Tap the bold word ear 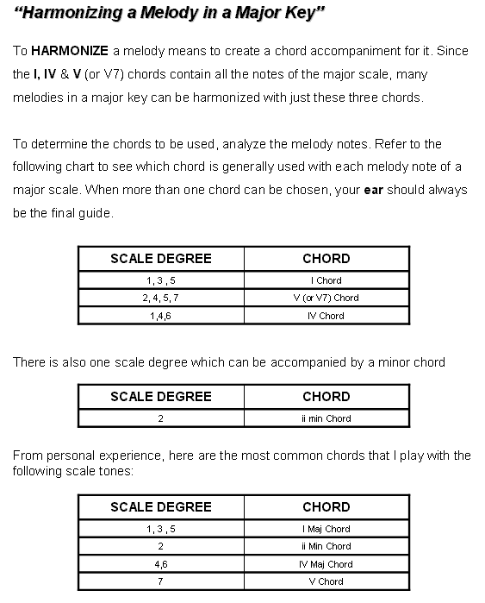click(x=374, y=190)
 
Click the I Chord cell click(x=326, y=280)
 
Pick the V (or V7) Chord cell click(x=326, y=298)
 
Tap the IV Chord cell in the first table click(x=326, y=316)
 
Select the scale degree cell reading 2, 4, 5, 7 click(x=161, y=298)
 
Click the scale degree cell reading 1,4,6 click(x=161, y=316)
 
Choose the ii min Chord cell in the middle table click(x=326, y=418)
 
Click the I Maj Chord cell click(x=326, y=529)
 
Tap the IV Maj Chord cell click(x=326, y=564)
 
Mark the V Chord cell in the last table click(x=326, y=581)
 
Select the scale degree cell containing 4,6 click(x=161, y=564)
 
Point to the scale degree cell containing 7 click(x=161, y=581)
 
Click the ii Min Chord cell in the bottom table click(x=326, y=546)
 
